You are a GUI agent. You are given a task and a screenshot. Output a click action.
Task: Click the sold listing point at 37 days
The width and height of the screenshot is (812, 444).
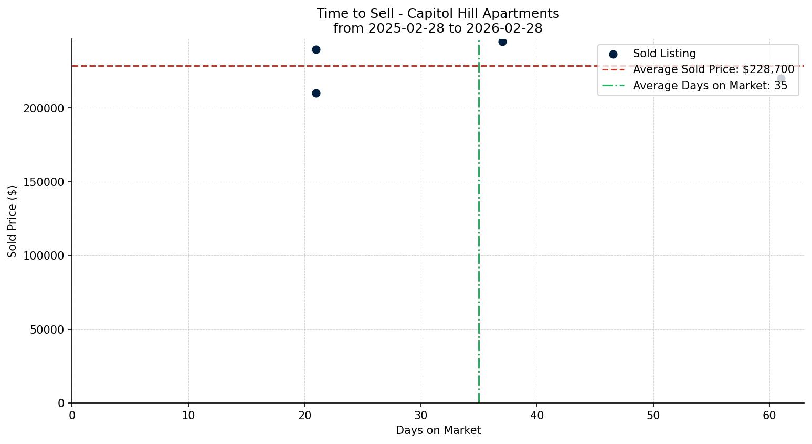502,42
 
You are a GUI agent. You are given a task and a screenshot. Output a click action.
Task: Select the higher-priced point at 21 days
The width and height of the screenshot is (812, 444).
316,50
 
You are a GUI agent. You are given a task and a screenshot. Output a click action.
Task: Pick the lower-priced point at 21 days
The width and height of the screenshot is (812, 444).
316,94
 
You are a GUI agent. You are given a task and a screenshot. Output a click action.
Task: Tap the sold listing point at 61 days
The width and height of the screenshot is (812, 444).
781,79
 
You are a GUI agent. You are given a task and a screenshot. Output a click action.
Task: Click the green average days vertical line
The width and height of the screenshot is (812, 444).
479,236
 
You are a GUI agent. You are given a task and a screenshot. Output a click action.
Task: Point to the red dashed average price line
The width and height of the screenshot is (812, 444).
262,66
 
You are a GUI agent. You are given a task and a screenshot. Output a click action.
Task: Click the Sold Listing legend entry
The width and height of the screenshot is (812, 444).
664,54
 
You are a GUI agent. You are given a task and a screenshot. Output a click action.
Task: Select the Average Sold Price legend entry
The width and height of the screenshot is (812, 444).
713,69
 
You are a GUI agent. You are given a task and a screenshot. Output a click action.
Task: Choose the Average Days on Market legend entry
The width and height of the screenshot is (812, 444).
710,86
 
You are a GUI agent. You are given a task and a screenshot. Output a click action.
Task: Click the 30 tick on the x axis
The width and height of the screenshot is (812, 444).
420,416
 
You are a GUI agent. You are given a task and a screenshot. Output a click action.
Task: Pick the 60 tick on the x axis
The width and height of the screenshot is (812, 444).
769,416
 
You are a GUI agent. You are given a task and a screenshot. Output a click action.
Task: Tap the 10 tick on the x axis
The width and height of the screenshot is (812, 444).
188,416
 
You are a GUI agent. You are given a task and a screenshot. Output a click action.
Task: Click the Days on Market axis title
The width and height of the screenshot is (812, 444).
438,430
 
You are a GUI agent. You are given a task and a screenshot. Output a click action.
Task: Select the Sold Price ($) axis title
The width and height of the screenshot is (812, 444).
13,221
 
